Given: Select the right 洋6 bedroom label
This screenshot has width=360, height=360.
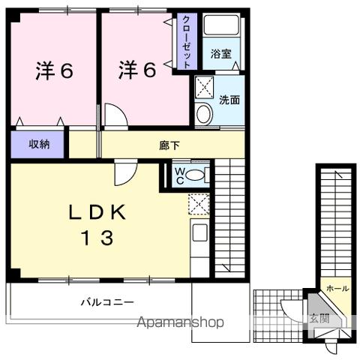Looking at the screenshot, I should click(136, 70).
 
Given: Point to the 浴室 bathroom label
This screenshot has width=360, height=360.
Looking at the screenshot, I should click(220, 54).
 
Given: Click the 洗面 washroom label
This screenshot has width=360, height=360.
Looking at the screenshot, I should click(229, 99).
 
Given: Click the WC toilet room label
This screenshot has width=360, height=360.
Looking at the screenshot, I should click(180, 175).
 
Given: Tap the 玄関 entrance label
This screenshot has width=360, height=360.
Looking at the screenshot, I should click(319, 317).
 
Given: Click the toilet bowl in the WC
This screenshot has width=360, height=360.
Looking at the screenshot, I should click(195, 175).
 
